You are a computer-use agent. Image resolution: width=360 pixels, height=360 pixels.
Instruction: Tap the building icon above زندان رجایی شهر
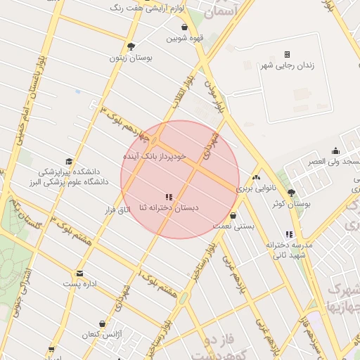[287, 55]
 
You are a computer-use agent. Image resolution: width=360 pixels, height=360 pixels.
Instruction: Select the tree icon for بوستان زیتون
[130, 47]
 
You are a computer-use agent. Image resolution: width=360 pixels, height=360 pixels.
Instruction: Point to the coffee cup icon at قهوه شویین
[184, 27]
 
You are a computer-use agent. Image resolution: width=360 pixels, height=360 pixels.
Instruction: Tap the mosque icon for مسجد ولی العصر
[335, 150]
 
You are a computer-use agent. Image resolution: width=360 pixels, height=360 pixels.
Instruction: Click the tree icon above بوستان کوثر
[292, 193]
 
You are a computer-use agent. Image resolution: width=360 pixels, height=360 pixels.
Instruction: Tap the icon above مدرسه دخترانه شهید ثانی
[290, 234]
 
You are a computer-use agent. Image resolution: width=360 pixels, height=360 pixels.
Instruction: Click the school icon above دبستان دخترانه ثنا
[169, 197]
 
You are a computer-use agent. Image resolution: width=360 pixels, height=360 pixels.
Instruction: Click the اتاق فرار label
[117, 210]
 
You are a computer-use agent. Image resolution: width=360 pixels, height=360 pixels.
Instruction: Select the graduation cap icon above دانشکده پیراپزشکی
[68, 161]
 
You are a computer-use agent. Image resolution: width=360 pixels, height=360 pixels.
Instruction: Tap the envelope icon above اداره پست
[79, 274]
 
